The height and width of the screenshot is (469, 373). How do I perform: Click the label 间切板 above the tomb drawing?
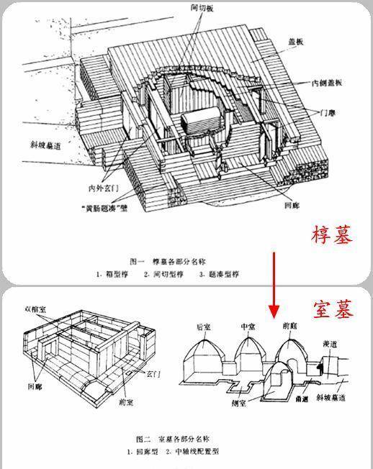pos(194,8)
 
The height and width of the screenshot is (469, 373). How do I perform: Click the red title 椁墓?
pos(333,235)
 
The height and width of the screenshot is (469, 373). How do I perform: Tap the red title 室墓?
pos(333,309)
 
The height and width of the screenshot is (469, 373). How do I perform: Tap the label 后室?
pos(204,327)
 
